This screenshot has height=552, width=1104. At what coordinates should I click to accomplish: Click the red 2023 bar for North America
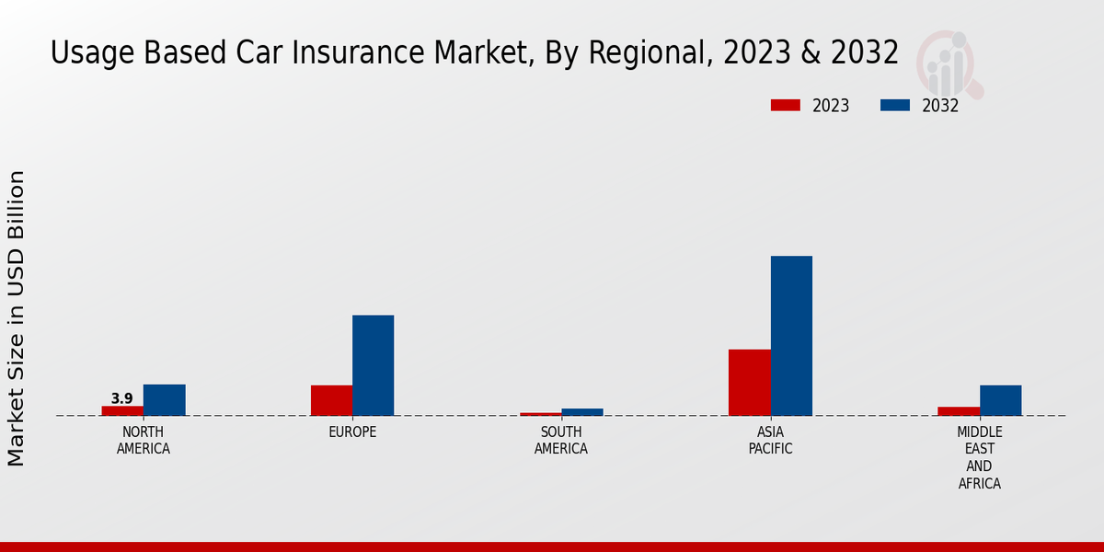pos(122,410)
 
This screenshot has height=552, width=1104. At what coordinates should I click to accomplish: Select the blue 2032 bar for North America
pos(164,400)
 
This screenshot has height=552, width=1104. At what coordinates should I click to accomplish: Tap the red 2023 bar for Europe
pos(331,400)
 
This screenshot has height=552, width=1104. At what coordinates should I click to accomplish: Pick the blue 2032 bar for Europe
pos(373,365)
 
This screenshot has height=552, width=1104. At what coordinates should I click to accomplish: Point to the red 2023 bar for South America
pos(540,414)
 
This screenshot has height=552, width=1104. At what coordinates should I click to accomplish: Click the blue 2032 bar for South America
pos(582,412)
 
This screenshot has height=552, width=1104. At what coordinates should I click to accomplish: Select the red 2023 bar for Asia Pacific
pos(749,383)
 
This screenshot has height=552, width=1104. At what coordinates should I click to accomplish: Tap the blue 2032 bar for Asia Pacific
pos(791,336)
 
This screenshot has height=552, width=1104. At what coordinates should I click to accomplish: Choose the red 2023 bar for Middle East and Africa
pos(959,411)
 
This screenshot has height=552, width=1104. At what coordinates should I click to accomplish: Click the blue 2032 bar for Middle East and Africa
pos(1000,400)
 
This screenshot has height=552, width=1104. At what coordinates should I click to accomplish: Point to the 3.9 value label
pos(122,398)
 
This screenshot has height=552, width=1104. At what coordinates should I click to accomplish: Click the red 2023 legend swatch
pos(785,106)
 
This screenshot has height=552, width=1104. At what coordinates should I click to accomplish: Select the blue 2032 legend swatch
pos(895,106)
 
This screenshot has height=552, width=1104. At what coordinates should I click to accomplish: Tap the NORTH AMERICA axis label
pos(144,441)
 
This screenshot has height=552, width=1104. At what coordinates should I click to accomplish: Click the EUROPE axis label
pos(352,432)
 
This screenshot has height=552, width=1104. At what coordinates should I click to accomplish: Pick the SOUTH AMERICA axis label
pos(561,441)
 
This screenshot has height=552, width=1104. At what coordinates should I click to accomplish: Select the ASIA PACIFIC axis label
pos(770,441)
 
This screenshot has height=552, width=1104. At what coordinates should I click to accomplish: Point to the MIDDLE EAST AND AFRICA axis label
pos(980,457)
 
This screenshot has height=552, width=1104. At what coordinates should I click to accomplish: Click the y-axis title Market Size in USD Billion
pos(17,317)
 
